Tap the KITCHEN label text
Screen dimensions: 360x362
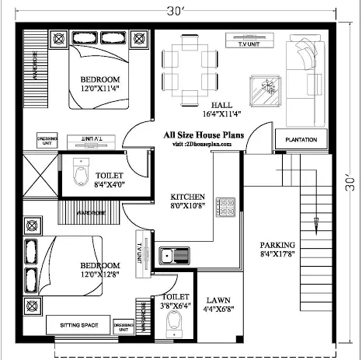[x=188, y=197]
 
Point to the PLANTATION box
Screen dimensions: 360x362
[x=300, y=139]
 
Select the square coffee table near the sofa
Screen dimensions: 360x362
[x=263, y=85]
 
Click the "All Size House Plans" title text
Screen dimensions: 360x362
[x=204, y=135]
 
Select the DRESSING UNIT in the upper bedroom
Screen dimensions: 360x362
[x=47, y=140]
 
